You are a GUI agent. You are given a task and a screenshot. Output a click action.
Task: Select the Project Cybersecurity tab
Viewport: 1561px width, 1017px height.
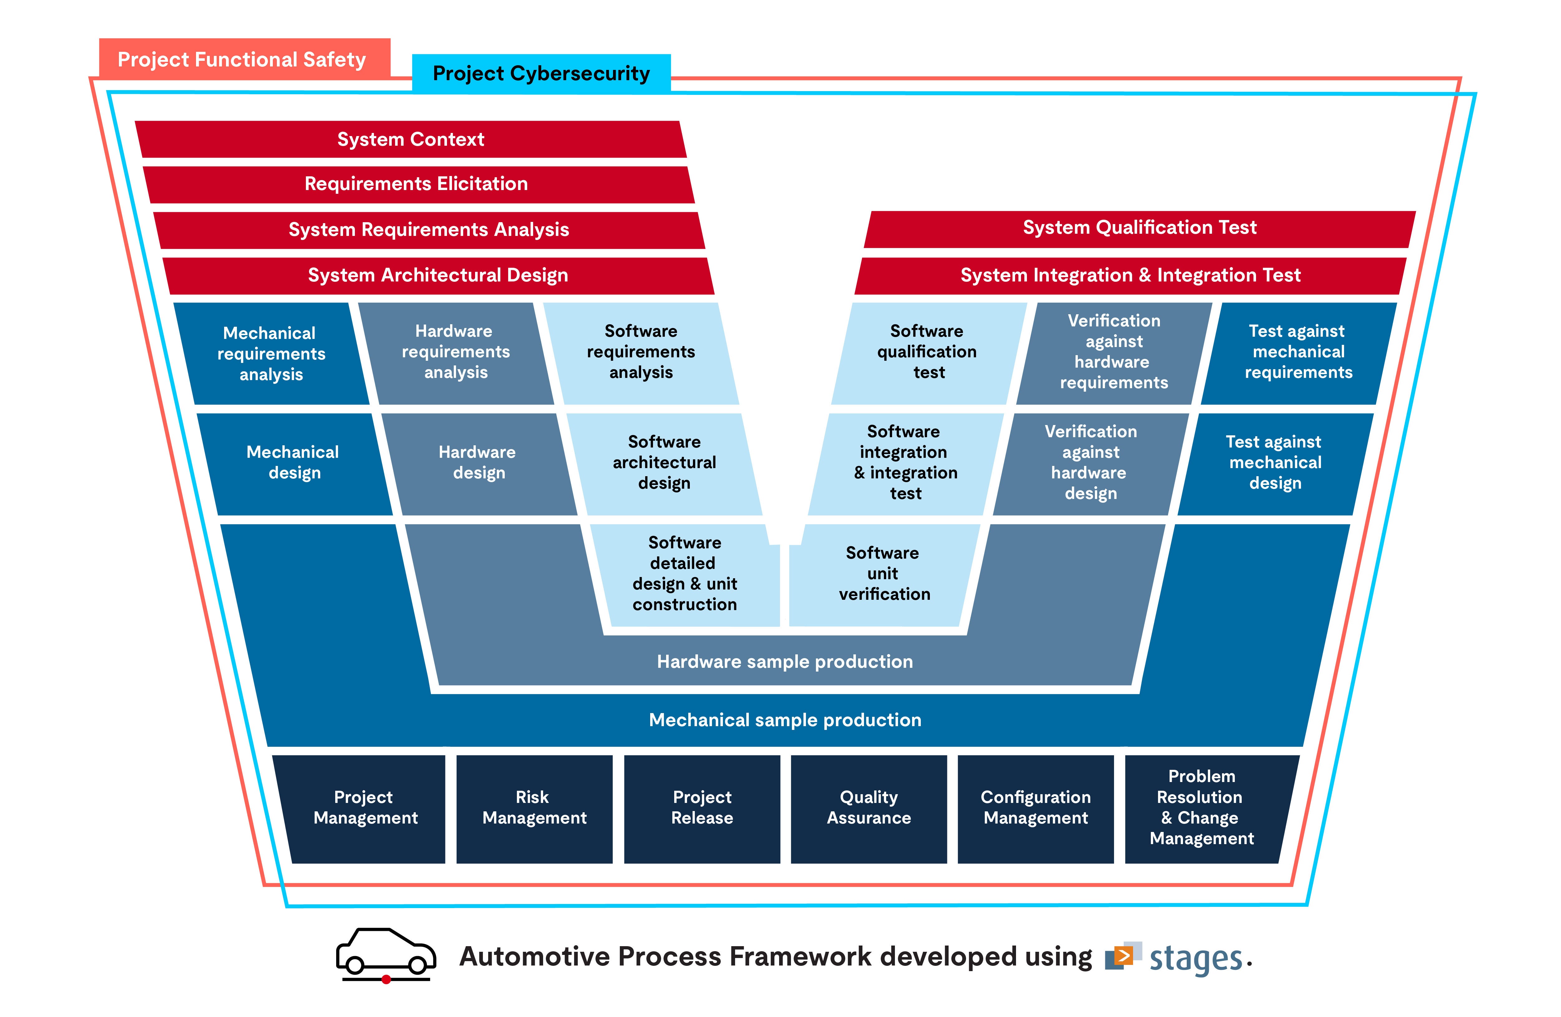[x=541, y=73]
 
